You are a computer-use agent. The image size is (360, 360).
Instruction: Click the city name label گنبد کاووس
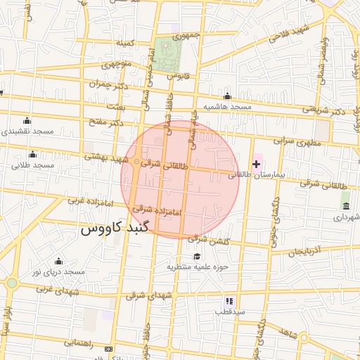115,229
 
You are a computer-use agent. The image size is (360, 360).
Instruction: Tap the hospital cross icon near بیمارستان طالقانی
257,163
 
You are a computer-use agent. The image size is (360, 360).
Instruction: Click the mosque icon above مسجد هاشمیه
227,96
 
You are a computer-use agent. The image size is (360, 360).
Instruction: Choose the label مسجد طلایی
32,165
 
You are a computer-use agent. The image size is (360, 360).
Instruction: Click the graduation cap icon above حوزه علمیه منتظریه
197,256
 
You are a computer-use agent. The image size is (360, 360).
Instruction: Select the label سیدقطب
230,310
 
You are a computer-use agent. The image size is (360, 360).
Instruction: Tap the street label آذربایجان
305,250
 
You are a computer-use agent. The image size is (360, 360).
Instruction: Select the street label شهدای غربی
55,288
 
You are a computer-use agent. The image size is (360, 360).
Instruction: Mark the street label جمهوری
187,34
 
